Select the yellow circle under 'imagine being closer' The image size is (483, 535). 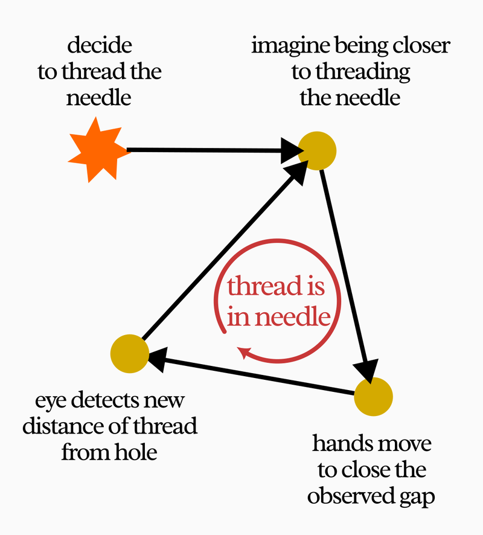pyautogui.click(x=318, y=150)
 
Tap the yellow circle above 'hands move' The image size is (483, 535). pyautogui.click(x=374, y=397)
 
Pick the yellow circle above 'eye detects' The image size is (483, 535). pyautogui.click(x=130, y=353)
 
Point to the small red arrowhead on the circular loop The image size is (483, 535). pyautogui.click(x=244, y=352)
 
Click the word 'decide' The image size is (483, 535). pyautogui.click(x=100, y=45)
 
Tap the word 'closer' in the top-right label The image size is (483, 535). pyautogui.click(x=418, y=46)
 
